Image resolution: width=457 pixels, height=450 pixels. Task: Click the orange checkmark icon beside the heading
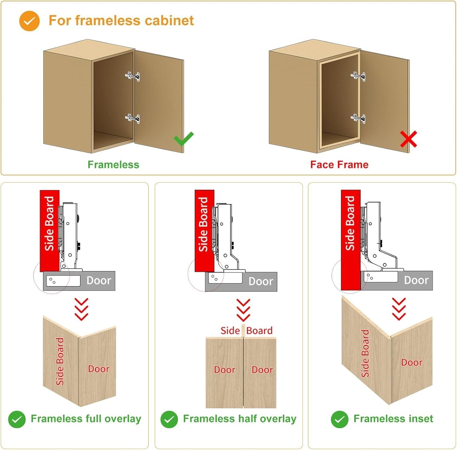click(x=29, y=21)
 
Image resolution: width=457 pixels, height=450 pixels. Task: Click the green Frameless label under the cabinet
click(x=113, y=165)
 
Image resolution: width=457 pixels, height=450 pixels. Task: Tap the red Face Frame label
click(x=339, y=165)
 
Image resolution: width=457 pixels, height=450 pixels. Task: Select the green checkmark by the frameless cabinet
click(x=183, y=139)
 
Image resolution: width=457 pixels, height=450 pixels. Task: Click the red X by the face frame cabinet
click(x=408, y=139)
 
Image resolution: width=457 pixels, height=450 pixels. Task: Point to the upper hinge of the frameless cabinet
click(x=133, y=76)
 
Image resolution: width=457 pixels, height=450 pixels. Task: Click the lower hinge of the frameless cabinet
click(x=133, y=118)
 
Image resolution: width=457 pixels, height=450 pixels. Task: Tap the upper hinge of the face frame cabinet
click(x=358, y=76)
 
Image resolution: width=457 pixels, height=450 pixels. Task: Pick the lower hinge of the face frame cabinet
click(x=358, y=118)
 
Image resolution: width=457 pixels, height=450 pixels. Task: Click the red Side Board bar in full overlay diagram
click(x=49, y=230)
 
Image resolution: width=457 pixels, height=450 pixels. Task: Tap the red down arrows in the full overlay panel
click(x=81, y=309)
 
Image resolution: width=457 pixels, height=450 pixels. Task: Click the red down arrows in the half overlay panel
click(x=243, y=310)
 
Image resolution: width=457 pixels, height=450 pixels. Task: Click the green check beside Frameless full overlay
click(x=17, y=419)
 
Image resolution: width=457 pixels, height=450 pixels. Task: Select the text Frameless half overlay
click(x=239, y=419)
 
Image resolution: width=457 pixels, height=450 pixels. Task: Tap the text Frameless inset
click(x=393, y=419)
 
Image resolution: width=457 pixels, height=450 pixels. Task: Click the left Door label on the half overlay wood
click(x=225, y=370)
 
